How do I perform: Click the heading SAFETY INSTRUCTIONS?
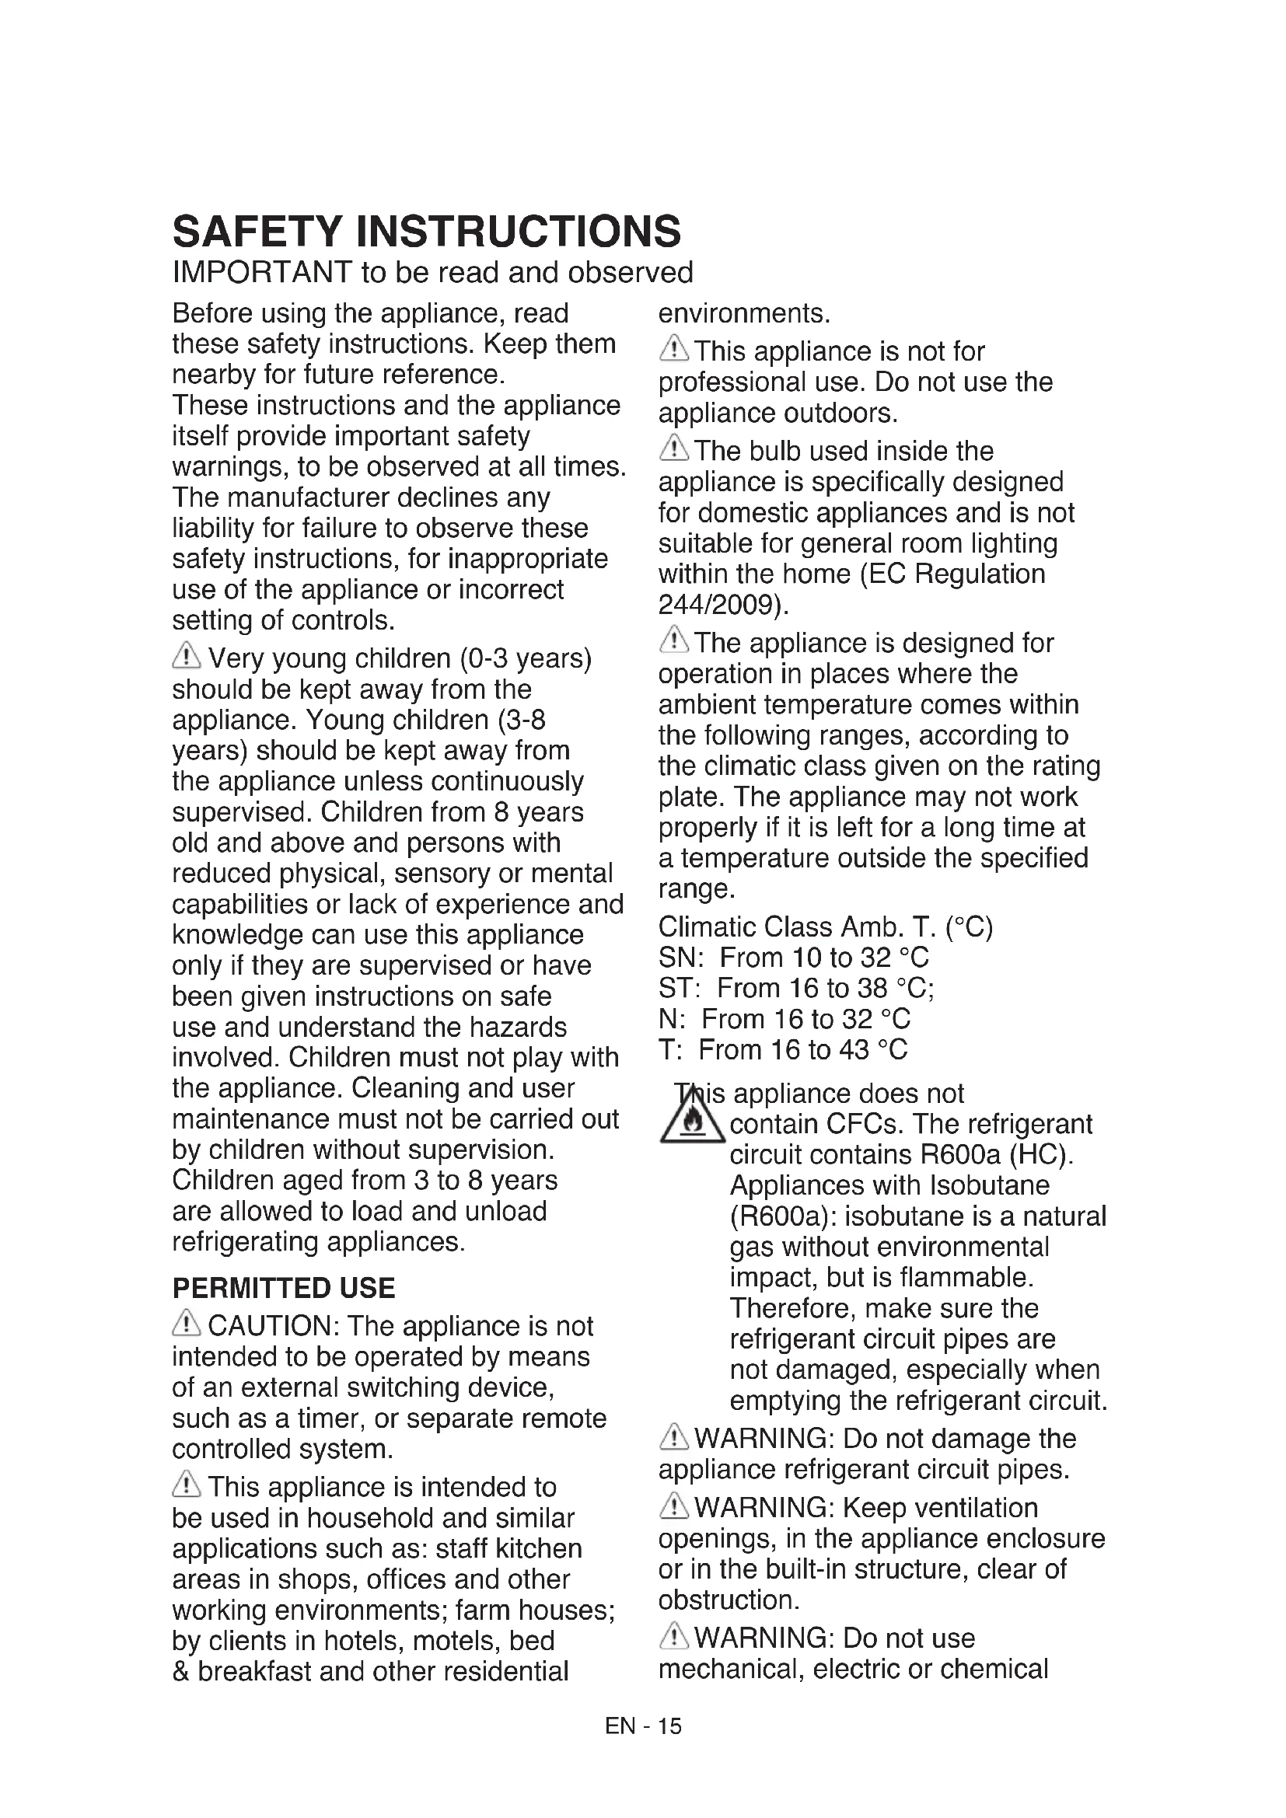point(426,231)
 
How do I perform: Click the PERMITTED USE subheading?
point(284,1288)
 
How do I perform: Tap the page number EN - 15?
point(642,1726)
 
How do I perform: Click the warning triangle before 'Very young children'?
point(187,657)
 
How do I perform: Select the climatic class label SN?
point(680,958)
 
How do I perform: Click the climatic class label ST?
point(680,989)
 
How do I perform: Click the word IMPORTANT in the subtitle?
point(262,272)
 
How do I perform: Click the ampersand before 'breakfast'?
point(181,1672)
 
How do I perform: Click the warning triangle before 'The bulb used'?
point(673,450)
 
